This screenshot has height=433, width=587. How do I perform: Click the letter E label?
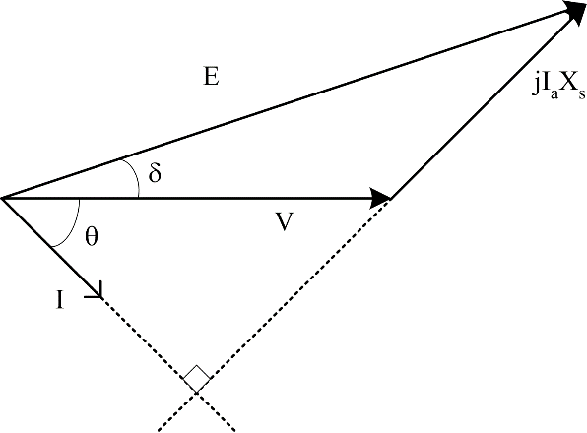pyautogui.click(x=211, y=76)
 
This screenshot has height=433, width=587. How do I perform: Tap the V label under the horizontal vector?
pyautogui.click(x=284, y=221)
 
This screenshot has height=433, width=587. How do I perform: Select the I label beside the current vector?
pyautogui.click(x=60, y=300)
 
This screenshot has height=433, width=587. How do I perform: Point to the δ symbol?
pyautogui.click(x=155, y=172)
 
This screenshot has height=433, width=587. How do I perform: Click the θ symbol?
pyautogui.click(x=92, y=236)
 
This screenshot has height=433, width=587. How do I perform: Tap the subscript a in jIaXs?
pyautogui.click(x=554, y=93)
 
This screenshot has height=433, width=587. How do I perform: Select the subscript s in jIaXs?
pyautogui.click(x=581, y=94)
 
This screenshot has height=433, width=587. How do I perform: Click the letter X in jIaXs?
pyautogui.click(x=568, y=86)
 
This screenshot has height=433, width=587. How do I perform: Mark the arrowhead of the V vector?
pyautogui.click(x=380, y=198)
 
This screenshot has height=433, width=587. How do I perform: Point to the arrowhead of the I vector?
pyautogui.click(x=96, y=291)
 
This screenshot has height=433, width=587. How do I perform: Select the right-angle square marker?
pyautogui.click(x=197, y=379)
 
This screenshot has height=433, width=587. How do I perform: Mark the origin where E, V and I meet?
pyautogui.click(x=3, y=198)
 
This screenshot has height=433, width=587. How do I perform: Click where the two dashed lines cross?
pyautogui.click(x=197, y=392)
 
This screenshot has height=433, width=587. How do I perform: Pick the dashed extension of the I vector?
pyautogui.click(x=168, y=364)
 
